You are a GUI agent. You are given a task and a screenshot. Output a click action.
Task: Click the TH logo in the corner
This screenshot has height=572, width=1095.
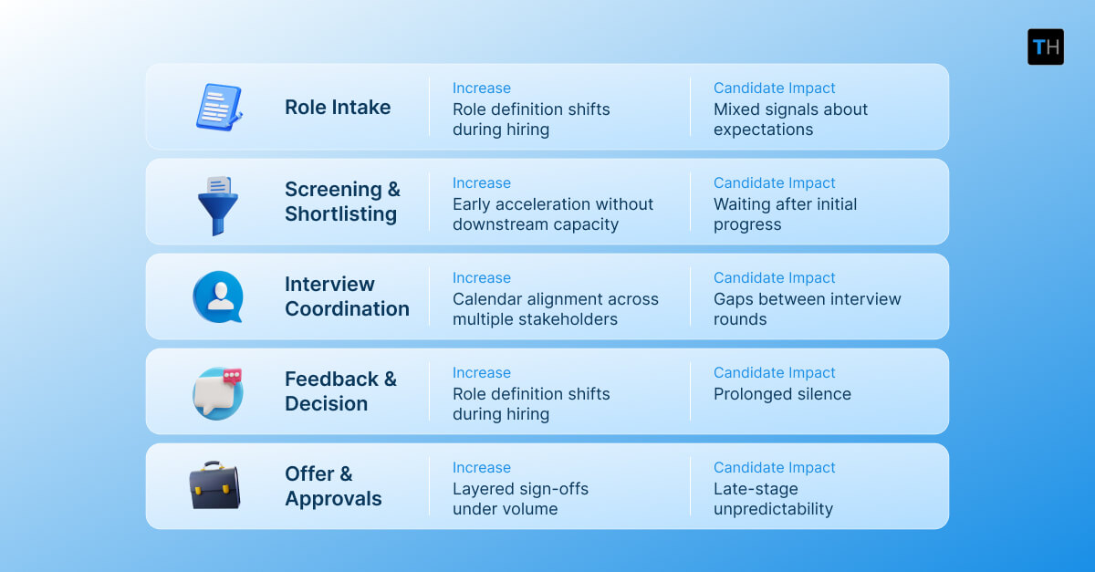point(1045,47)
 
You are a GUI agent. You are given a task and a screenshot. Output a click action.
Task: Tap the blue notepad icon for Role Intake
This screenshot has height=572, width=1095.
point(219,107)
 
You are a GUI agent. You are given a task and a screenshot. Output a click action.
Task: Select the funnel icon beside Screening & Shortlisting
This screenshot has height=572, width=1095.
point(217,204)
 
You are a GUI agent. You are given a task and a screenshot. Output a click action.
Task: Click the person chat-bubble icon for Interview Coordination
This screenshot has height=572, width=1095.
point(218,296)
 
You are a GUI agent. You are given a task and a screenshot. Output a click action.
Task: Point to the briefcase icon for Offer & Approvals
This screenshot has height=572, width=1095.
point(214,485)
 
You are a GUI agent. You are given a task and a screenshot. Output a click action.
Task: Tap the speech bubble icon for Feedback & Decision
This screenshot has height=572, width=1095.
point(218,392)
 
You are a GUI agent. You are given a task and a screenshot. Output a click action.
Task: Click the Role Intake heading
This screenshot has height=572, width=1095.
point(338,107)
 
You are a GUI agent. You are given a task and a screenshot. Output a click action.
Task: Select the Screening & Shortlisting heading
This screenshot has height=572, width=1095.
point(342,202)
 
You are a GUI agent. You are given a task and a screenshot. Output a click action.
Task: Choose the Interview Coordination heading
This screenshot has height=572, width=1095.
point(347,296)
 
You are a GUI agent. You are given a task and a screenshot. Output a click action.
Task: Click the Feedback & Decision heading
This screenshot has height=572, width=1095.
point(340,391)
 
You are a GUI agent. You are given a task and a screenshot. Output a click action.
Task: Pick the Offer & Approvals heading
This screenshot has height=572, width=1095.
point(333,486)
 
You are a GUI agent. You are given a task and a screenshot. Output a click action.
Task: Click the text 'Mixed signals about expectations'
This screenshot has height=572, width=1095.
point(790,120)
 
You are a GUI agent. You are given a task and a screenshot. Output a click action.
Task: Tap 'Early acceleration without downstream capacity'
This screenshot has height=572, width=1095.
point(553,214)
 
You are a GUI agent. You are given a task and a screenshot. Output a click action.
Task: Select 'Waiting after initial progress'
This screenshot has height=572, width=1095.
point(785,214)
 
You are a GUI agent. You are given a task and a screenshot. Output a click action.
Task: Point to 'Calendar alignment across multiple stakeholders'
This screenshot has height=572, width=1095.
point(555,309)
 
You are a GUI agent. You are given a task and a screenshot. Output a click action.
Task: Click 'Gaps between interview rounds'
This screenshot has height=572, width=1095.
point(807,309)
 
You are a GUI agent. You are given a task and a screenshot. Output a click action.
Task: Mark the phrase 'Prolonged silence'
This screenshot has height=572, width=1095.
point(782,394)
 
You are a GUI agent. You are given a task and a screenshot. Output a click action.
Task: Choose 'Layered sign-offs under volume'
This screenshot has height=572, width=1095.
point(520,499)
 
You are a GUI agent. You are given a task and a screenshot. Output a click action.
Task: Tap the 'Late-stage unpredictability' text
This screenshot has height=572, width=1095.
point(773,499)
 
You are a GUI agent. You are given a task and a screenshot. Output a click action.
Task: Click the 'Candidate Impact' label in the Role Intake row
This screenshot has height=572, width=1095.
point(774,88)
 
